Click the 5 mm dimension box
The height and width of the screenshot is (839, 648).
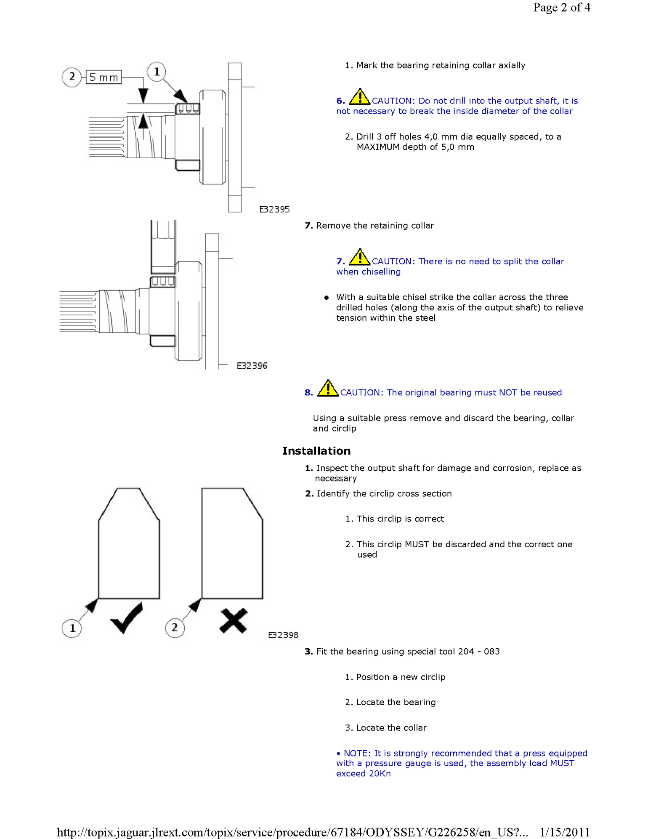(104, 77)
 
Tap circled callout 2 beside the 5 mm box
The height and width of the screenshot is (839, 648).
(72, 77)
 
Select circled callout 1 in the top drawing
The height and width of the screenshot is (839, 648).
(157, 72)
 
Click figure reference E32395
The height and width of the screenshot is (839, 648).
(274, 209)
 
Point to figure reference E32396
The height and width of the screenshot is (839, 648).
(252, 366)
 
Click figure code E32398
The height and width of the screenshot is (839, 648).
(283, 635)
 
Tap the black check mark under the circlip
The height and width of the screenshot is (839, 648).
(127, 618)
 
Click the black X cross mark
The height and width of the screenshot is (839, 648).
(233, 621)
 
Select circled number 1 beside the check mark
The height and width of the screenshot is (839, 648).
(72, 628)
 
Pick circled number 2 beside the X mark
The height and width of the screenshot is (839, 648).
(175, 628)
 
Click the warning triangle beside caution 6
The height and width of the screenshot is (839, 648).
(359, 97)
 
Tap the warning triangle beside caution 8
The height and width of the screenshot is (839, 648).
(328, 389)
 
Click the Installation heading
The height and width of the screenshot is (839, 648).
(316, 451)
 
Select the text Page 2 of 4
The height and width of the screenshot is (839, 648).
(561, 8)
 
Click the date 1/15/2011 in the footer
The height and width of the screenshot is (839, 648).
(565, 832)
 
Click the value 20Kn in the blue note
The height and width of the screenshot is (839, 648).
(380, 774)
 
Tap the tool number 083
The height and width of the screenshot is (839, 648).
(492, 652)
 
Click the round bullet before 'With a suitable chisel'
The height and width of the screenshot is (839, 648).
(327, 298)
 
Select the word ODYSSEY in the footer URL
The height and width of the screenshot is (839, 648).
(395, 832)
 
